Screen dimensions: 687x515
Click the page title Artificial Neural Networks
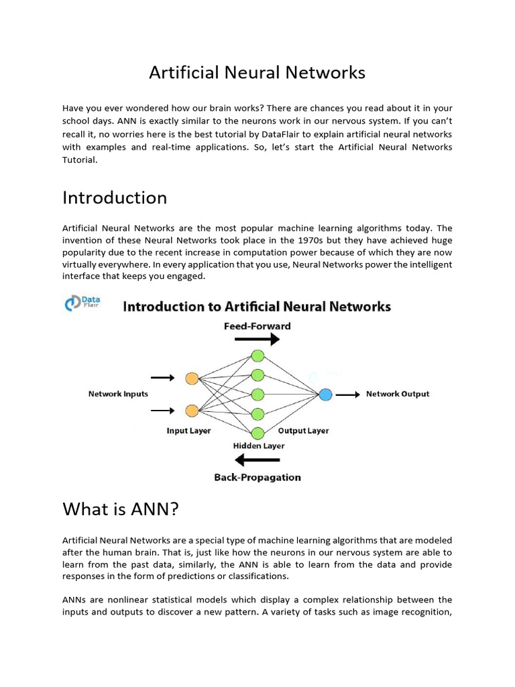click(257, 72)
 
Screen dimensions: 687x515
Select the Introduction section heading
click(115, 198)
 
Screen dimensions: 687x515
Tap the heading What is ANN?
click(121, 509)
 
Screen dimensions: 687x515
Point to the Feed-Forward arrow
click(257, 340)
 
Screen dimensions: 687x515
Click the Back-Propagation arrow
click(257, 460)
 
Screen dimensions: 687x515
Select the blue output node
click(325, 394)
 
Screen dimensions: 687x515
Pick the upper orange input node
click(191, 378)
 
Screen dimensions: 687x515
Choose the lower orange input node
click(191, 411)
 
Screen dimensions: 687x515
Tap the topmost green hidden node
click(257, 356)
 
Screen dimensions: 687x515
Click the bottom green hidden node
click(257, 431)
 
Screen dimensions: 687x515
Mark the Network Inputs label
click(118, 394)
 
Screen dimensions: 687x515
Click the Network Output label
click(398, 394)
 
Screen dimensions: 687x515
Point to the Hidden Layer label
click(259, 445)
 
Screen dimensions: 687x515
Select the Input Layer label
click(188, 431)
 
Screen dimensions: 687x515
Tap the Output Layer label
click(303, 431)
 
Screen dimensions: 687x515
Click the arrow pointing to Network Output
click(347, 394)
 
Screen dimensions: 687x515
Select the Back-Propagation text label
click(257, 478)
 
